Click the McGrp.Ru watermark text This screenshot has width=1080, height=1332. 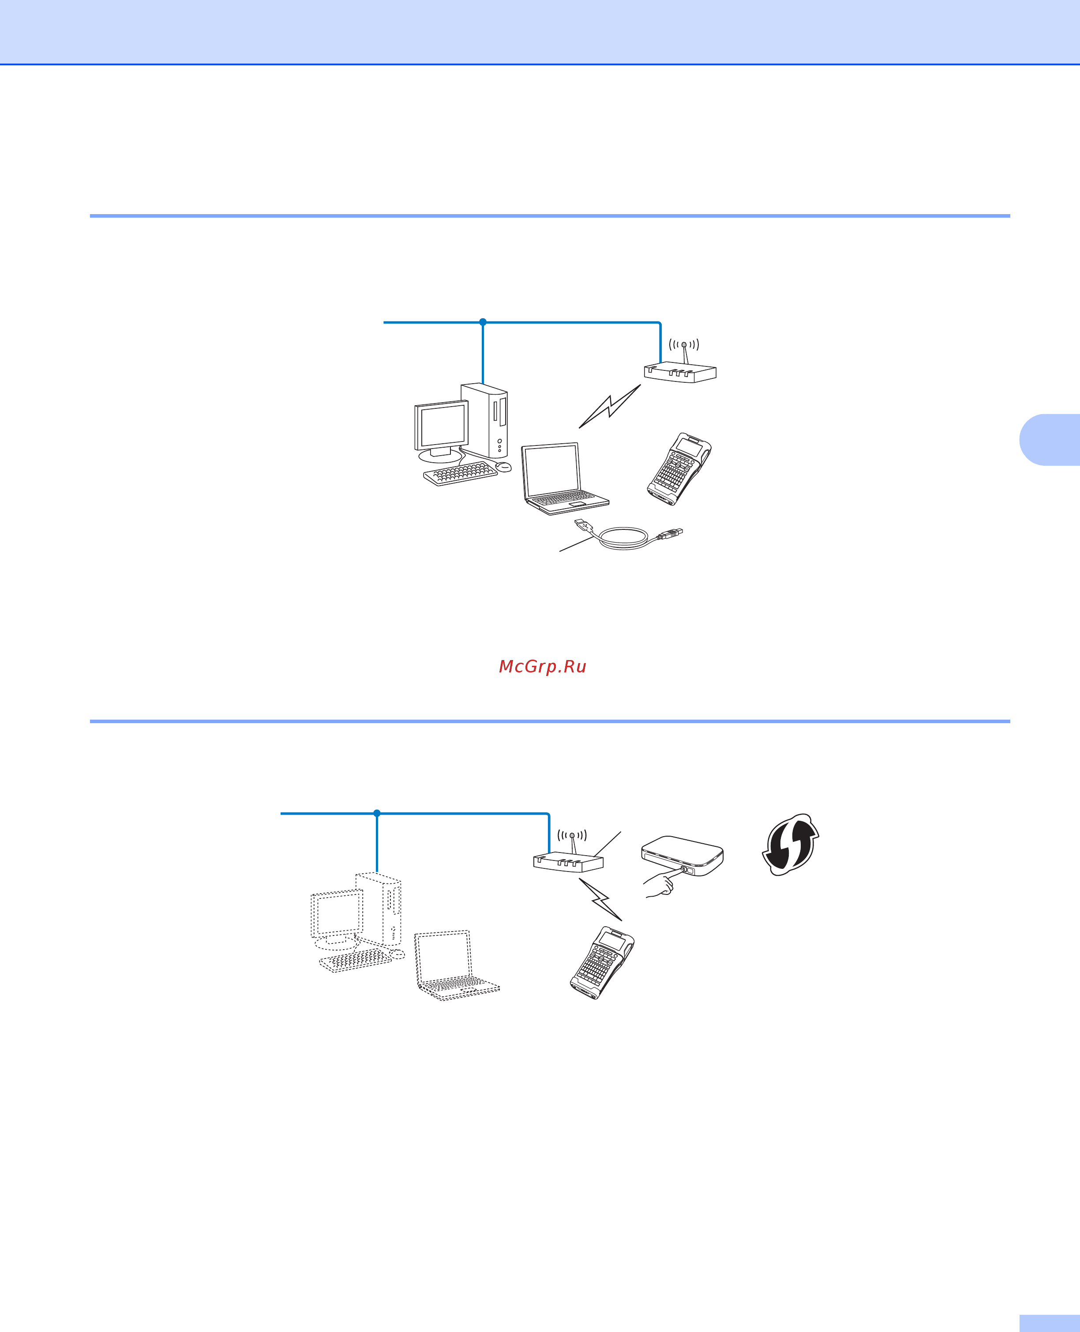point(543,667)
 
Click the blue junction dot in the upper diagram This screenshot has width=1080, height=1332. point(483,322)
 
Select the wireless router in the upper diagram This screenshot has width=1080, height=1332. point(680,372)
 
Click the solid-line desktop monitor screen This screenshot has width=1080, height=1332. point(442,426)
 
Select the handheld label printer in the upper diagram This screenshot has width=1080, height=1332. point(679,468)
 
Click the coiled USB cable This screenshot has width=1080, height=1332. point(625,538)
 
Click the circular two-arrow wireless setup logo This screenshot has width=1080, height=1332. point(791,844)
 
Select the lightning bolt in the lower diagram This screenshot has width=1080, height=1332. point(601,899)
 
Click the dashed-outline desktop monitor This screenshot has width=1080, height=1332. point(337,914)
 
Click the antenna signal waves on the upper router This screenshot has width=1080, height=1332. point(684,344)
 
